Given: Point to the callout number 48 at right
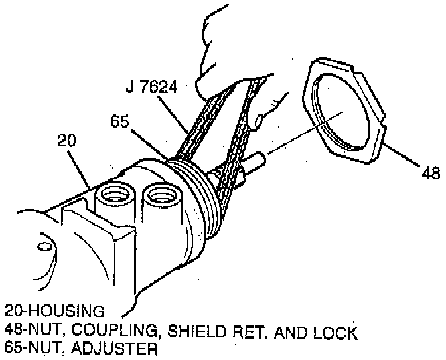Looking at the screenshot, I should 431,175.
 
